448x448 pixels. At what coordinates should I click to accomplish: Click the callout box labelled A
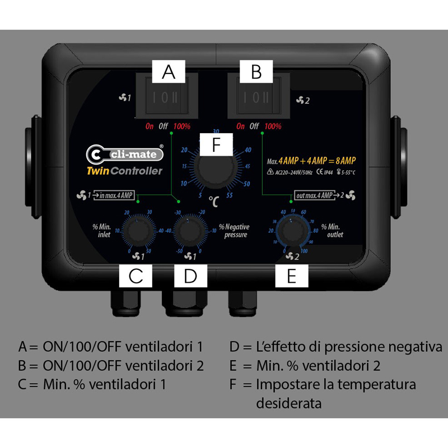[x=169, y=72]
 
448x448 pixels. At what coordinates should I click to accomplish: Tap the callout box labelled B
[x=256, y=72]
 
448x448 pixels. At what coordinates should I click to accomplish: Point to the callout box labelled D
[x=190, y=276]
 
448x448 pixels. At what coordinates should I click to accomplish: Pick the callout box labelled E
[x=291, y=276]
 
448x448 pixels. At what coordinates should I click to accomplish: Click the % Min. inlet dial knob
[x=136, y=231]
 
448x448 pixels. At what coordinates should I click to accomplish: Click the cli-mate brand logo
[x=125, y=153]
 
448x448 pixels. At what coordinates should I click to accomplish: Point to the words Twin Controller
[x=125, y=171]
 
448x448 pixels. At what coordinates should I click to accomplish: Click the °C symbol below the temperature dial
[x=213, y=200]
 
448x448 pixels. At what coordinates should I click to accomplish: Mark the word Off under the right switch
[x=254, y=126]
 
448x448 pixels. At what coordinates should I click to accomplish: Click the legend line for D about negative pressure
[x=335, y=347]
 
